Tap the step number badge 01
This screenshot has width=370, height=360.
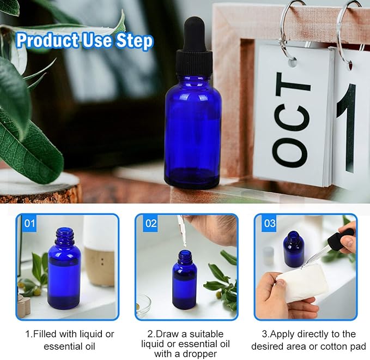pyautogui.click(x=29, y=223)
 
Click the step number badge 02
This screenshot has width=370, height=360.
pyautogui.click(x=150, y=223)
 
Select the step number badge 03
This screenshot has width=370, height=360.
pyautogui.click(x=269, y=223)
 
